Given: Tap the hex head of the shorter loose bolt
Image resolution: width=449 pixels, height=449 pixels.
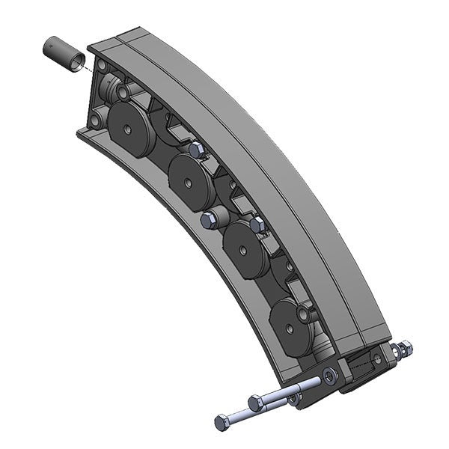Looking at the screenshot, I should click(x=257, y=400).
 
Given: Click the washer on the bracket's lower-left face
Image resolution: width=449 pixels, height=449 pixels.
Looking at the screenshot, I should click(x=329, y=373).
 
